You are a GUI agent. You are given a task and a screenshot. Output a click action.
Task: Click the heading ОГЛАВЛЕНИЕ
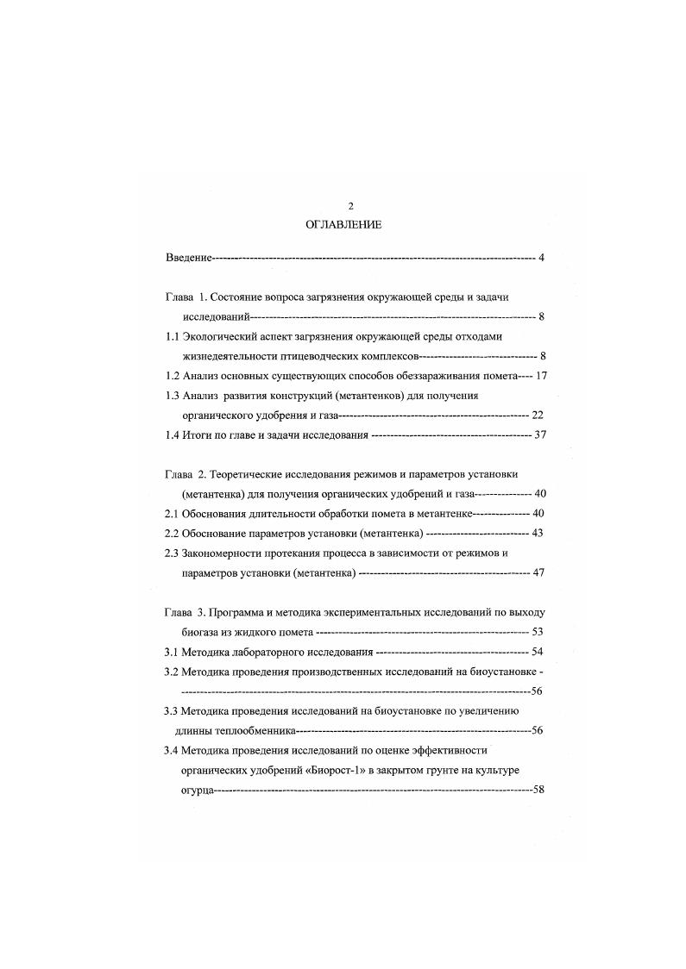point(343,224)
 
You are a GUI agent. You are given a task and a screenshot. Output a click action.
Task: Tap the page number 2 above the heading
point(350,206)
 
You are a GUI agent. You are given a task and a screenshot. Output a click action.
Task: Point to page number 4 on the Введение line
point(540,258)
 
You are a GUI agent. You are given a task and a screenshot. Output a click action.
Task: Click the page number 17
point(542,376)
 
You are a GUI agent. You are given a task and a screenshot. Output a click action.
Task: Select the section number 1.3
point(172,395)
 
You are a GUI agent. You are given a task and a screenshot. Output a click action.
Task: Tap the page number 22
point(538,415)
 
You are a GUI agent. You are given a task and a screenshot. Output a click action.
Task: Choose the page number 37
point(541,434)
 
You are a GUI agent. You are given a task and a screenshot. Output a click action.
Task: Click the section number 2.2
point(172,533)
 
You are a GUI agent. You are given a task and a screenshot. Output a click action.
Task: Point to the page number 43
point(538,533)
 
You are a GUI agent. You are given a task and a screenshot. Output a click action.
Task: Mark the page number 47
point(538,572)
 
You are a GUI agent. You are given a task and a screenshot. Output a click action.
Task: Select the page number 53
point(538,631)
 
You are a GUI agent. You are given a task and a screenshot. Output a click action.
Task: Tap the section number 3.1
point(172,651)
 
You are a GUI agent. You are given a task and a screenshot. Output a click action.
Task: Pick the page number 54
point(538,651)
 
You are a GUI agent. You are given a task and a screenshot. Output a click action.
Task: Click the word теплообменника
point(241,730)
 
